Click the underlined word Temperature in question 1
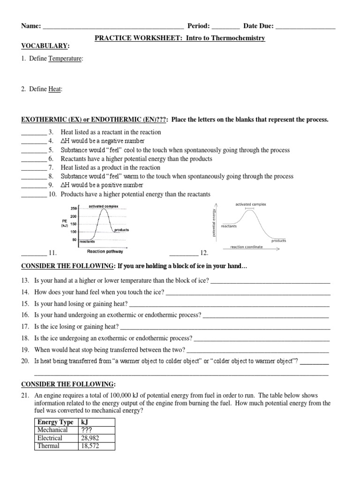(x=65, y=59)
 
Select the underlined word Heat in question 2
(x=55, y=89)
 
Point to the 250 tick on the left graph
(x=74, y=208)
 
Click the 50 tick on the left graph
(x=74, y=240)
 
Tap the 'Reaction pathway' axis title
(x=105, y=251)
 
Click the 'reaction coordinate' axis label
(x=246, y=247)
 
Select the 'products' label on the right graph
(x=278, y=240)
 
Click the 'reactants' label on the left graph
(x=87, y=242)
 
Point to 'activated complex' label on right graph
(x=250, y=204)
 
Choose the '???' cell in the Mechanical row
(x=89, y=430)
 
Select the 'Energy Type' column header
(x=55, y=422)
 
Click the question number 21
(x=25, y=396)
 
